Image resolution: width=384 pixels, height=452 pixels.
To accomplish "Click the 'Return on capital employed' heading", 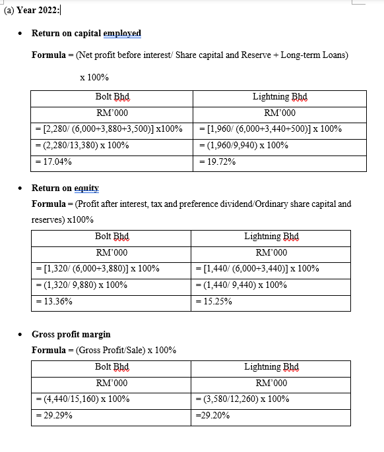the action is coord(86,33).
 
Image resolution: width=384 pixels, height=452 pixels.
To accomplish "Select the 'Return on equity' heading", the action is coord(65,188).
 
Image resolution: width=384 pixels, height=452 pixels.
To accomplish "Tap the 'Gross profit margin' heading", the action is coord(71,334).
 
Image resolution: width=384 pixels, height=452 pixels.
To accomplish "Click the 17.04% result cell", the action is coord(53,161).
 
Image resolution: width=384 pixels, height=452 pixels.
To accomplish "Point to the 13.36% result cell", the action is coord(53,301).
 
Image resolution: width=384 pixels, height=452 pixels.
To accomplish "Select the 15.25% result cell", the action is coord(214,301).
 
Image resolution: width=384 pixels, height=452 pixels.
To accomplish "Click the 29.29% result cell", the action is coord(53,415).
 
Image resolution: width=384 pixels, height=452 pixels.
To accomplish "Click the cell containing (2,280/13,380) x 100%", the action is coord(82,145).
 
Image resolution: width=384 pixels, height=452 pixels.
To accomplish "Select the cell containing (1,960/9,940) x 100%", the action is coord(243,145).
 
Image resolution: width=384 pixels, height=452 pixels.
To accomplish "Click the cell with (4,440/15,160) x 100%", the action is coord(82,399).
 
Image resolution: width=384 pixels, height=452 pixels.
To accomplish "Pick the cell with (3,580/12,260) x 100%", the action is coord(243,399).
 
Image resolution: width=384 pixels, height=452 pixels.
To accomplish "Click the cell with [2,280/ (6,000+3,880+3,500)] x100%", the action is coord(109,128).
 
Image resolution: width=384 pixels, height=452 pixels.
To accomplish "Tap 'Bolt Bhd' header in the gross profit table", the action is coord(112,366).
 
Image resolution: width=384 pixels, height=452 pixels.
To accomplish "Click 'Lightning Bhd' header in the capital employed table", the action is coord(280,97).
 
